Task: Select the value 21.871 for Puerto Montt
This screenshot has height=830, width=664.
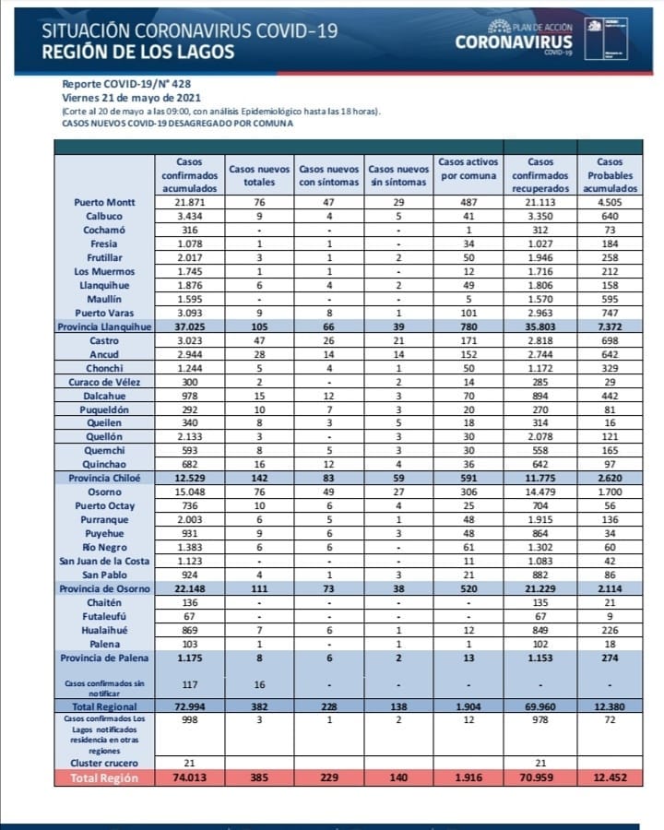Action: pyautogui.click(x=189, y=202)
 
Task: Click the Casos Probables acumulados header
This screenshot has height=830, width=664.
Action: pyautogui.click(x=611, y=175)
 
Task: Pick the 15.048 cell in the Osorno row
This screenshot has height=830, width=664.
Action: pyautogui.click(x=189, y=492)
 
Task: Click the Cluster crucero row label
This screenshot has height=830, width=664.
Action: pyautogui.click(x=103, y=764)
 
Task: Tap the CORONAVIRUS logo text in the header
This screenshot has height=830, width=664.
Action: pyautogui.click(x=514, y=41)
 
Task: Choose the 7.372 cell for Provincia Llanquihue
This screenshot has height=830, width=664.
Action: pyautogui.click(x=611, y=327)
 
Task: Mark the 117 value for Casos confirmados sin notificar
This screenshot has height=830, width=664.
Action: pyautogui.click(x=189, y=684)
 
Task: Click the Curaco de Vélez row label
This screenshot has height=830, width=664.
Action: pyautogui.click(x=102, y=383)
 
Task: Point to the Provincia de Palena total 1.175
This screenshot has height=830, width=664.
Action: pyautogui.click(x=189, y=658)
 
